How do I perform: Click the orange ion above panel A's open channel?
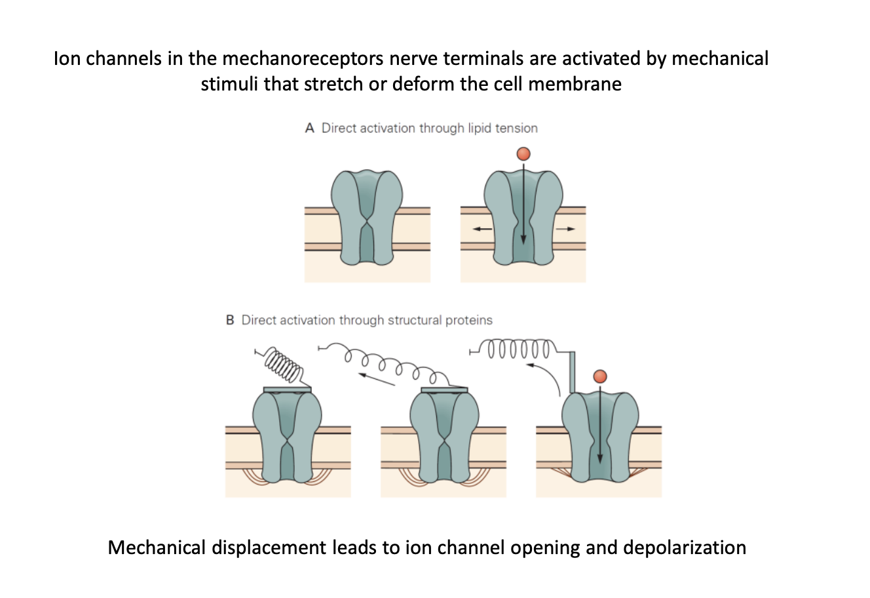coord(523,154)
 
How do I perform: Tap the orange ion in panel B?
coord(599,376)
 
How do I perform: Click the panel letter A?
coord(310,129)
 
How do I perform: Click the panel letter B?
coord(230,321)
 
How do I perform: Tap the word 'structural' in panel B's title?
coord(414,321)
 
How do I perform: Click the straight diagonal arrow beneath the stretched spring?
coord(377,378)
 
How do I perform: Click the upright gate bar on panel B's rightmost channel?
coord(573,372)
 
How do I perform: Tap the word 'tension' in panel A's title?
coord(516,129)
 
